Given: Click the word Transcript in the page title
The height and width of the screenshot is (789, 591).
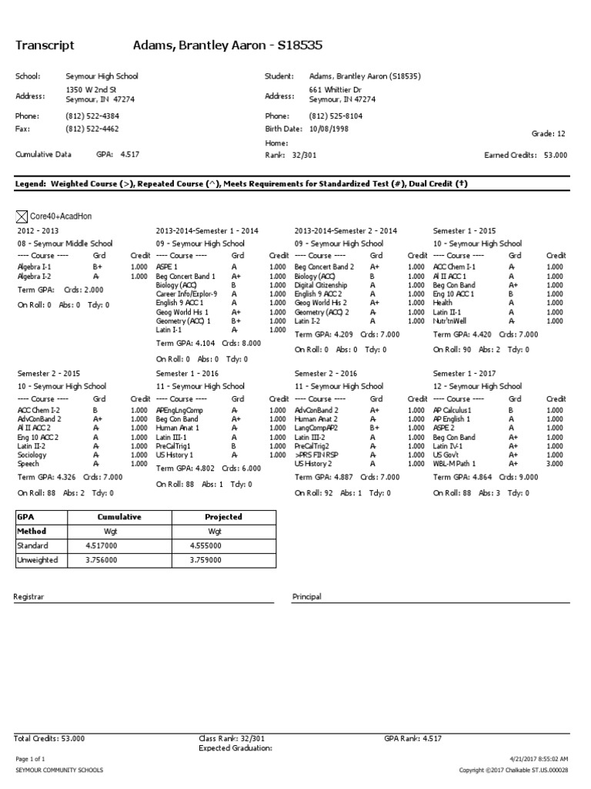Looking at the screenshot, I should point(45,45).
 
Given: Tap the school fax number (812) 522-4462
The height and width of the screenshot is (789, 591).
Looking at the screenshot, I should point(92,129).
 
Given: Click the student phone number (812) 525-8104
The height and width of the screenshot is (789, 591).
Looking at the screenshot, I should point(336,116).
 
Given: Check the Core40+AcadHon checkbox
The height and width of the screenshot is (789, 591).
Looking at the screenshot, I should point(22,217).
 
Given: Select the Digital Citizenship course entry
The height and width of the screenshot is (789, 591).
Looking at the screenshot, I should point(321,284).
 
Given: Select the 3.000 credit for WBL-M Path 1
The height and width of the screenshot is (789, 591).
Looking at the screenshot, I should point(556,464).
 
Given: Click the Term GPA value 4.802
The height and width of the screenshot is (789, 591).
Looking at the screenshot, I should point(205,467).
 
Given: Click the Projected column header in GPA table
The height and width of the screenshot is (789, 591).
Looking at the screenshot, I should point(223,517).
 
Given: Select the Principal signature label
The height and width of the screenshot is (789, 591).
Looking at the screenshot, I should point(307,596).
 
